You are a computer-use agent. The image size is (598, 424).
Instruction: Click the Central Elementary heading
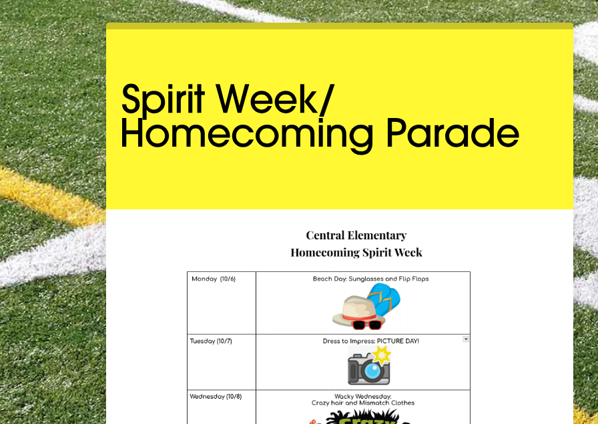[x=356, y=235]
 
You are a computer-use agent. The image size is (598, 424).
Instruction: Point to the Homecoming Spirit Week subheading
[x=356, y=253]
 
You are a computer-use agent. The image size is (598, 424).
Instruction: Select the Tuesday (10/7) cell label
[x=211, y=341]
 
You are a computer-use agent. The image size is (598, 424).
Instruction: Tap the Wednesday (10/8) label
[x=216, y=397]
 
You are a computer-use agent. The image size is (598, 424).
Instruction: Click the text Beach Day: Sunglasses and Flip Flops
[x=370, y=279]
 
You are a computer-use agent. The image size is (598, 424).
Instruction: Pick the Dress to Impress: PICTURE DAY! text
[x=370, y=341]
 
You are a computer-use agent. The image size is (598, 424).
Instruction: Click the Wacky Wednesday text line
[x=362, y=396]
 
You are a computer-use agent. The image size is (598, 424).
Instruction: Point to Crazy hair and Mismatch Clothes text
[x=362, y=403]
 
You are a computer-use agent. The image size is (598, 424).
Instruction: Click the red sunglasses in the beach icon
[x=367, y=325]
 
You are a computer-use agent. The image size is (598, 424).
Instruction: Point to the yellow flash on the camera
[x=381, y=355]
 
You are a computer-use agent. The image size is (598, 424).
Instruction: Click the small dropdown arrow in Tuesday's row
[x=466, y=339]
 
